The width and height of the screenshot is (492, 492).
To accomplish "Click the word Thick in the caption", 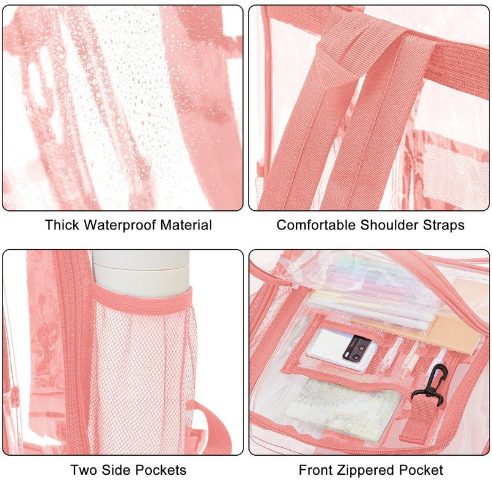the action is tap(62, 225).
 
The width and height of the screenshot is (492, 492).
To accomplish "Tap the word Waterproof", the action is tap(120, 225).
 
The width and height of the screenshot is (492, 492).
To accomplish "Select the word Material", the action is tap(186, 225).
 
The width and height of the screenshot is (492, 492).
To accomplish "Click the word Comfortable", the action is tap(316, 225).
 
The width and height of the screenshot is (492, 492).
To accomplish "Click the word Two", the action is tap(82, 470).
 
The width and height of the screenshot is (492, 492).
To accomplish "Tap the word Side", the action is tap(114, 470).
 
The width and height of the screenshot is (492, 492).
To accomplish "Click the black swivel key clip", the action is tap(432, 384).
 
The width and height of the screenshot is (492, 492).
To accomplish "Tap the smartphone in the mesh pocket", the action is tap(342, 349).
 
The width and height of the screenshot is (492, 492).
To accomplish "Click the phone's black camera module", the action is tap(356, 348).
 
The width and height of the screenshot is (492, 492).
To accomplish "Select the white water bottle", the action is tap(141, 273).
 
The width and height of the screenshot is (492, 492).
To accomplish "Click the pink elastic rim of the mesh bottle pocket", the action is tap(143, 299).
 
